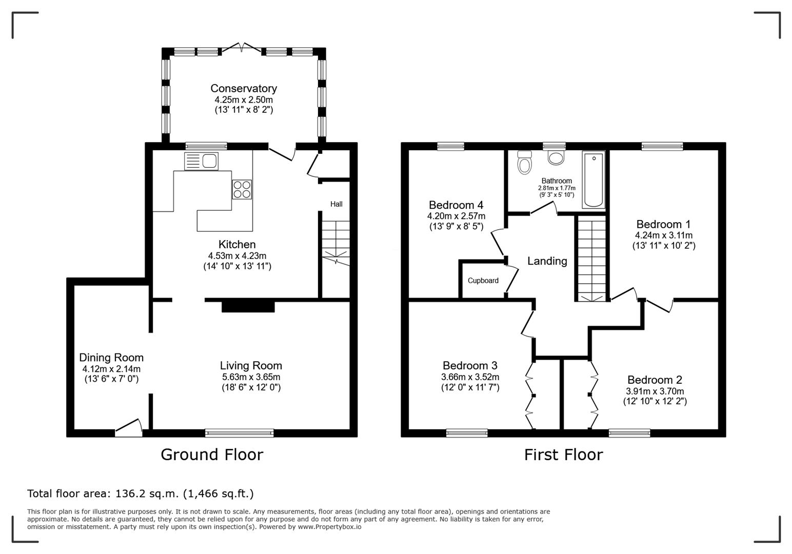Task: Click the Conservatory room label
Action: (x=244, y=88)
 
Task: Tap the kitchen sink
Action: (x=201, y=161)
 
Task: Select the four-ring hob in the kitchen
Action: (x=242, y=189)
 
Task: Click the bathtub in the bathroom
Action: (x=593, y=180)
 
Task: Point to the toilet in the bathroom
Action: (x=524, y=162)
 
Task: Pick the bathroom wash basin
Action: (x=556, y=157)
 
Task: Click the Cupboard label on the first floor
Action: (x=483, y=281)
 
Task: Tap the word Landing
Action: (x=547, y=261)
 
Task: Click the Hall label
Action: (x=336, y=204)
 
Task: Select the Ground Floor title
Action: (x=212, y=454)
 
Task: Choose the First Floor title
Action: (x=564, y=454)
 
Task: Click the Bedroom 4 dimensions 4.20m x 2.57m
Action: (x=456, y=216)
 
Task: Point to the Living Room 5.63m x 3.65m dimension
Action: (x=251, y=377)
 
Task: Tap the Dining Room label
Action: (x=111, y=358)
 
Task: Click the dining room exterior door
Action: (x=129, y=427)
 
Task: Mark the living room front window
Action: (x=240, y=433)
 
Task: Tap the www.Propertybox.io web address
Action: (x=329, y=527)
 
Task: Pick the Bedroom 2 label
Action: (x=655, y=380)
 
